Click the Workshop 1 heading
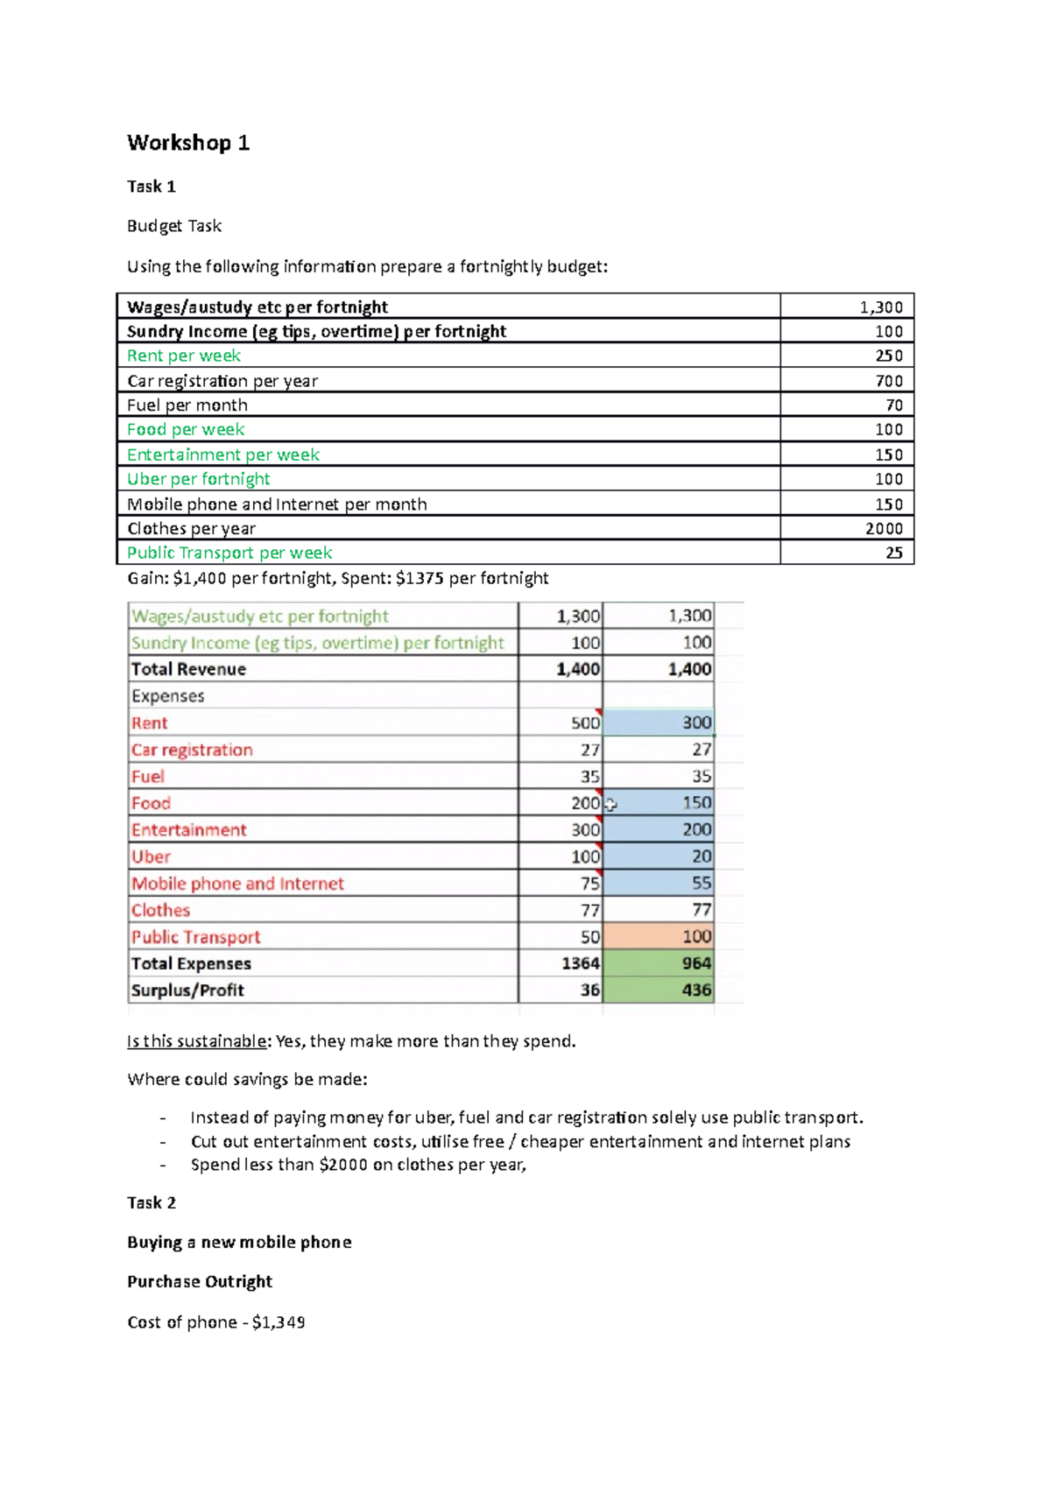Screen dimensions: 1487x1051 pyautogui.click(x=188, y=143)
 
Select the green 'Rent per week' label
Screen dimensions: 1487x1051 pyautogui.click(x=183, y=356)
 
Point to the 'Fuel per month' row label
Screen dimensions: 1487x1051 pyautogui.click(x=187, y=405)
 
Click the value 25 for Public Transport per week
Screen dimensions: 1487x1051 pyautogui.click(x=893, y=553)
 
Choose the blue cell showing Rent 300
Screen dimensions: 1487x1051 pyautogui.click(x=660, y=722)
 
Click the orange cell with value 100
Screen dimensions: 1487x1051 pyautogui.click(x=660, y=936)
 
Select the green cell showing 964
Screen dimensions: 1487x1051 pyautogui.click(x=660, y=963)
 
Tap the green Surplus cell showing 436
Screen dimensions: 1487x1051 pyautogui.click(x=660, y=990)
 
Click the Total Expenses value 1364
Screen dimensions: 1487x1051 pyautogui.click(x=580, y=963)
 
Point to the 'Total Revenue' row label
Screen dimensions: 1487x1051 pyautogui.click(x=188, y=669)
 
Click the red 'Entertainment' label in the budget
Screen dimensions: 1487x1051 pyautogui.click(x=189, y=829)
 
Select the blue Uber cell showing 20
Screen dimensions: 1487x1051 pyautogui.click(x=660, y=856)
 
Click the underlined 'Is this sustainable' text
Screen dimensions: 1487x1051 pyautogui.click(x=197, y=1041)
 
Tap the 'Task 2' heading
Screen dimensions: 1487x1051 pyautogui.click(x=152, y=1202)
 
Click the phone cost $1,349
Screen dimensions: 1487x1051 pyautogui.click(x=279, y=1322)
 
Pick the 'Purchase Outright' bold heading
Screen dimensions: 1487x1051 pyautogui.click(x=200, y=1281)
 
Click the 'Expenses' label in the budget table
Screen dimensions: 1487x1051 pyautogui.click(x=168, y=696)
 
